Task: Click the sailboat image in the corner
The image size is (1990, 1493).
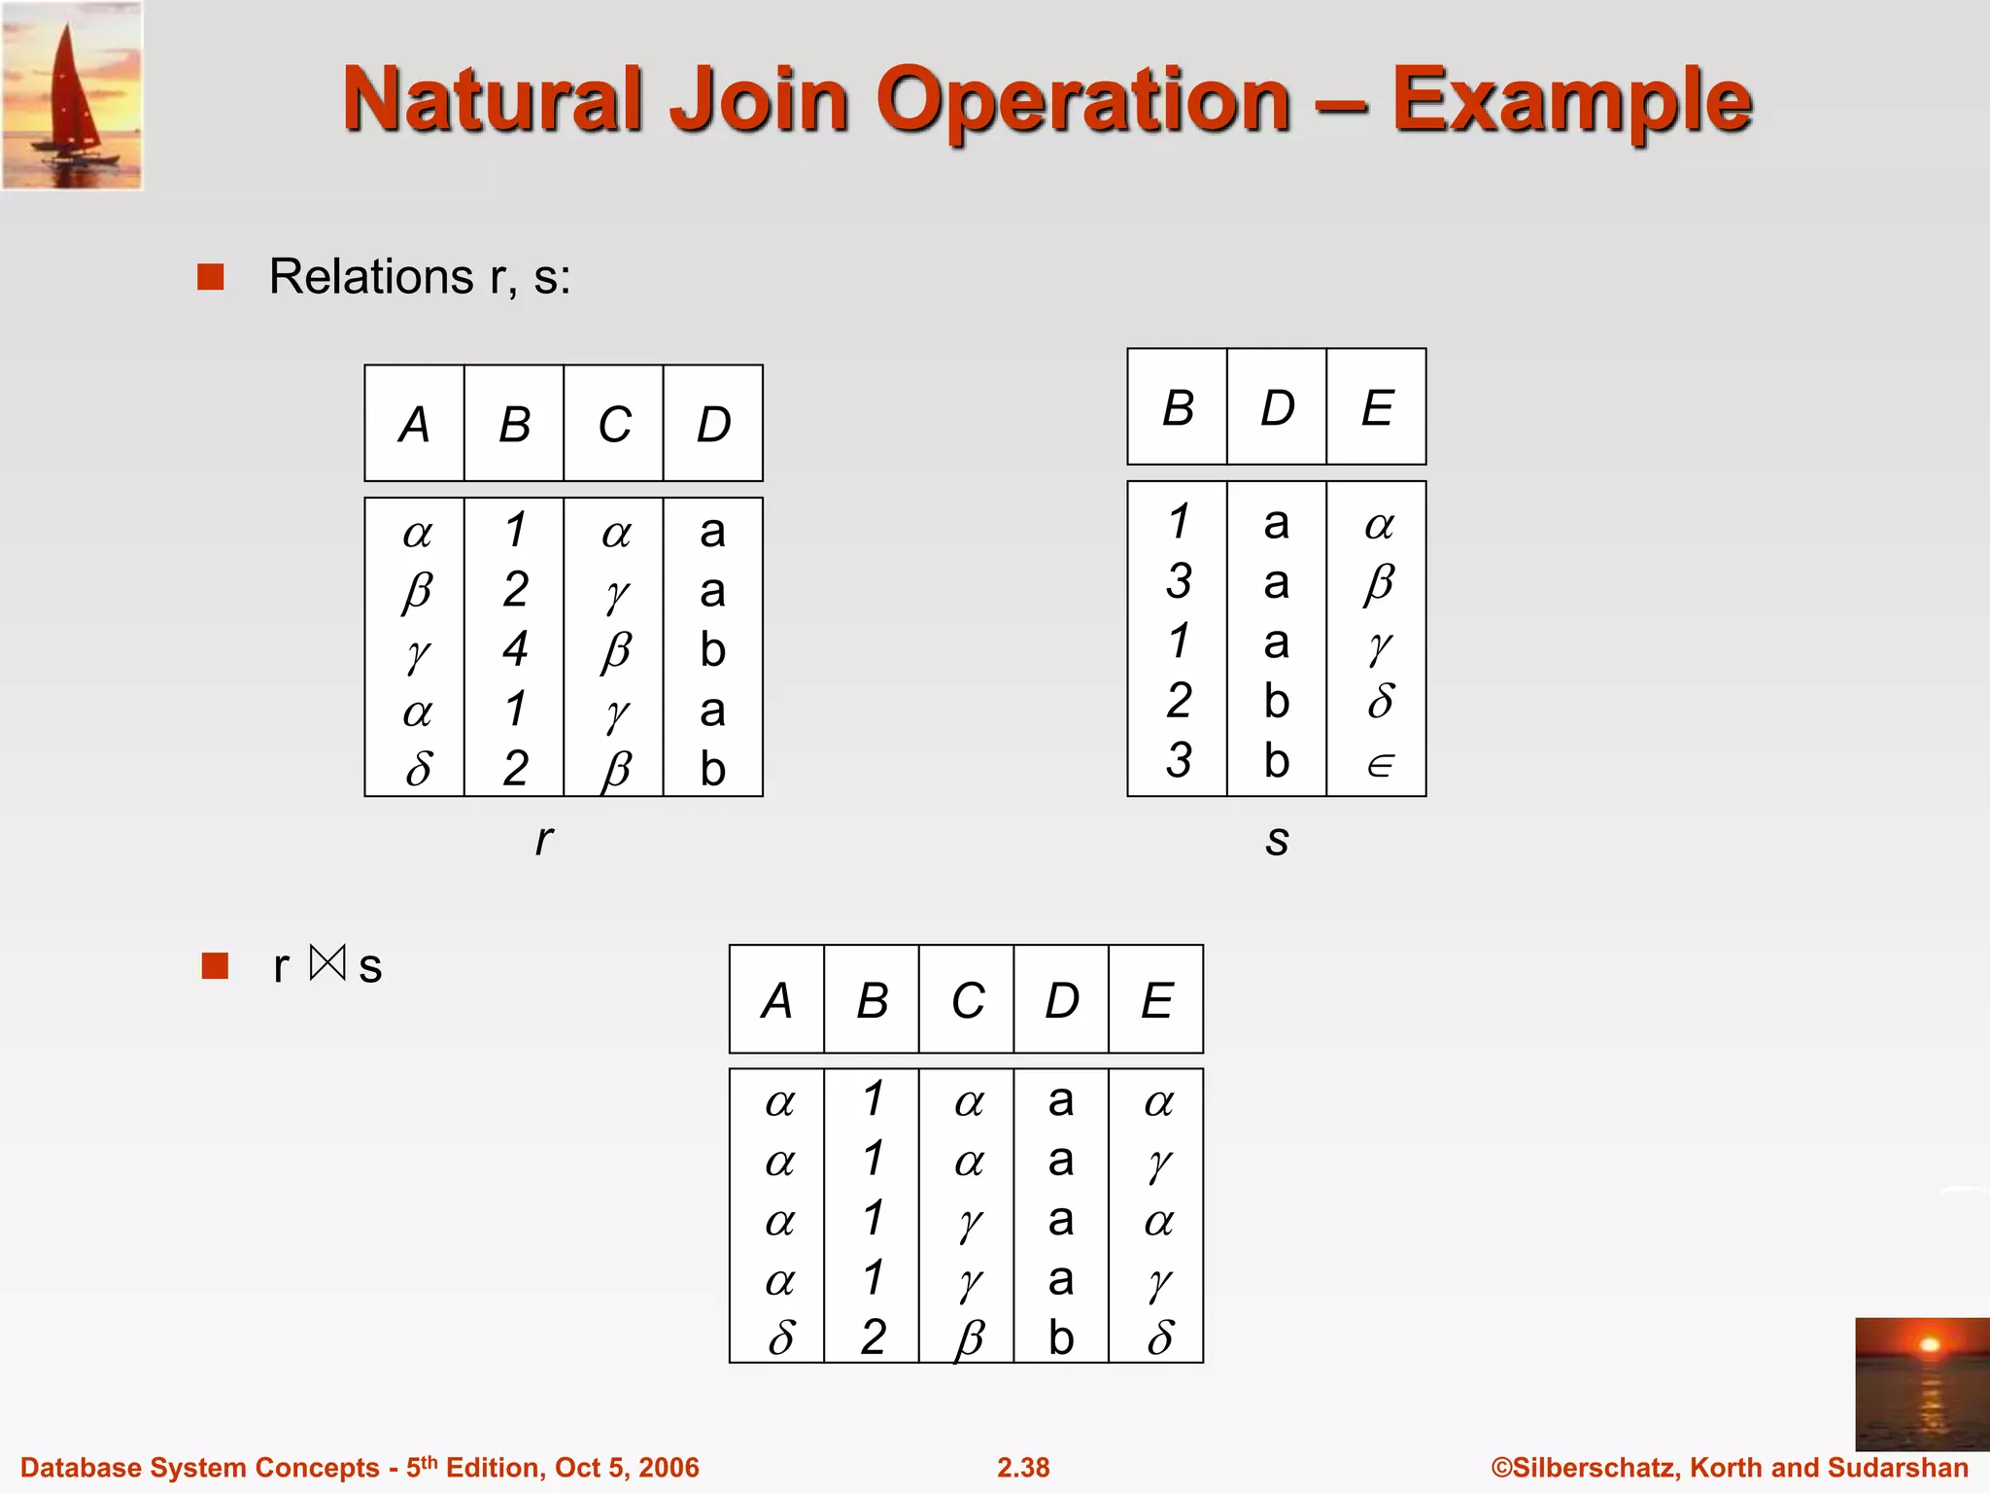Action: [x=73, y=95]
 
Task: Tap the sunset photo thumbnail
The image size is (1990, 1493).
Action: [x=1921, y=1382]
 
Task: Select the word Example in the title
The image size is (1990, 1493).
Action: [x=1571, y=100]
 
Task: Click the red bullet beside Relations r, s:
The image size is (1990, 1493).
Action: [x=211, y=277]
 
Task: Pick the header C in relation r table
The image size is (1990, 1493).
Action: [x=614, y=425]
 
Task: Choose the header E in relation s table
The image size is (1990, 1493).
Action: [x=1377, y=407]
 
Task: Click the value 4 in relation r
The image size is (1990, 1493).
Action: [x=515, y=648]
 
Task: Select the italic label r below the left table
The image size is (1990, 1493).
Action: [x=544, y=838]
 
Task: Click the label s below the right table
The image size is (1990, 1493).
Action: [x=1277, y=840]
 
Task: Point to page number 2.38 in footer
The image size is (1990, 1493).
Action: [x=1023, y=1468]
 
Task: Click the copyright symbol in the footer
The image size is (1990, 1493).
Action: [x=1501, y=1468]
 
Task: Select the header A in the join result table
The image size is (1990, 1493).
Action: [x=777, y=1000]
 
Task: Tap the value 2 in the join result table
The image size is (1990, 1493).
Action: [x=873, y=1337]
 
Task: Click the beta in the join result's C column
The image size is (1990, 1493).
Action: [x=969, y=1339]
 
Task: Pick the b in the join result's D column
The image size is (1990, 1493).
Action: [x=1061, y=1337]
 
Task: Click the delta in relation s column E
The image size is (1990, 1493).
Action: [x=1380, y=701]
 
